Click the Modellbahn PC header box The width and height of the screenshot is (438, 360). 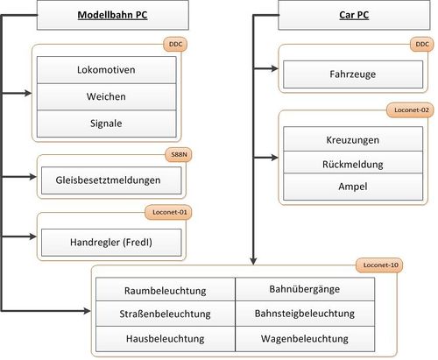[112, 15]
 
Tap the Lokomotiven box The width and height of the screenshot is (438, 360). [112, 68]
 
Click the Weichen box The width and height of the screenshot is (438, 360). [112, 96]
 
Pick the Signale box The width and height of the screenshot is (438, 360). [112, 124]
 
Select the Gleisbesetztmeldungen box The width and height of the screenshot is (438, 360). [112, 180]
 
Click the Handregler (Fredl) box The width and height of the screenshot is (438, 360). [112, 239]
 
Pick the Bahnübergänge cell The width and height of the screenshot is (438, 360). [306, 290]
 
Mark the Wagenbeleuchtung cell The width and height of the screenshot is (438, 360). [306, 337]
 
